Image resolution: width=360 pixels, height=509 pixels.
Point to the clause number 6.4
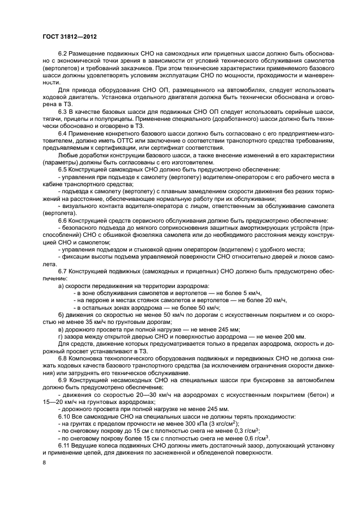coord(62,133)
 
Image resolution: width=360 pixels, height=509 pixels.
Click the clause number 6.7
coord(62,270)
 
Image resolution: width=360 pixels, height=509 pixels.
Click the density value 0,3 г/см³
coord(247,431)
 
